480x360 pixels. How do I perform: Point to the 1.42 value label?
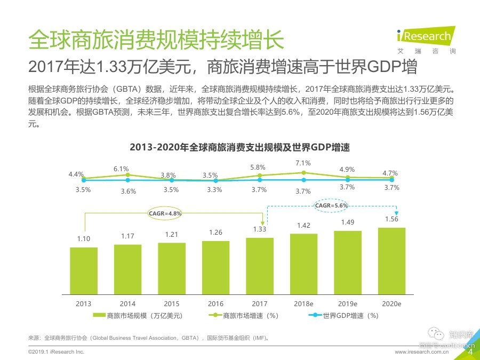pyautogui.click(x=303, y=226)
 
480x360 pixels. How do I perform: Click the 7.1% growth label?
pyautogui.click(x=303, y=163)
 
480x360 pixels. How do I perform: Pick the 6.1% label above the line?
pyautogui.click(x=121, y=169)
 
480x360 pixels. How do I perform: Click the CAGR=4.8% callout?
pyautogui.click(x=165, y=213)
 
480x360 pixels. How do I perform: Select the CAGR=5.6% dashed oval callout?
pyautogui.click(x=331, y=205)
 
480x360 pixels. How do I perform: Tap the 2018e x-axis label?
pyautogui.click(x=303, y=303)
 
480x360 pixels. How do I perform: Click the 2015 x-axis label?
pyautogui.click(x=172, y=303)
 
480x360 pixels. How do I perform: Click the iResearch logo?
pyautogui.click(x=427, y=38)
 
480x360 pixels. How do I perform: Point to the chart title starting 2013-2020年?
pyautogui.click(x=243, y=147)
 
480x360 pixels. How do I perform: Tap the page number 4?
pyautogui.click(x=470, y=351)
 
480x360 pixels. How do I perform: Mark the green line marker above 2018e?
pyautogui.click(x=303, y=172)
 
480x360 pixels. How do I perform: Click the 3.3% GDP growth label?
pyautogui.click(x=215, y=189)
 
